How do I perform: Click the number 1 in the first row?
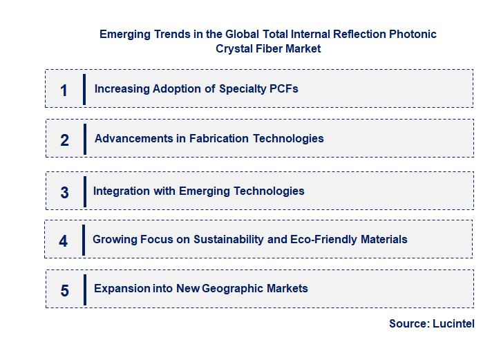[x=64, y=90]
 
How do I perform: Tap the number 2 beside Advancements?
[x=64, y=140]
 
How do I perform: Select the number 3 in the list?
[x=64, y=193]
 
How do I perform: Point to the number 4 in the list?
[x=64, y=241]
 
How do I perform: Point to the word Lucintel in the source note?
[x=453, y=323]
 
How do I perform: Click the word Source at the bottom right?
[x=408, y=323]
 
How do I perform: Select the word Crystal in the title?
[x=235, y=48]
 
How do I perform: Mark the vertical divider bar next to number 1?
[x=84, y=89]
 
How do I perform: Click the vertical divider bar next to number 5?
[x=84, y=290]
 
